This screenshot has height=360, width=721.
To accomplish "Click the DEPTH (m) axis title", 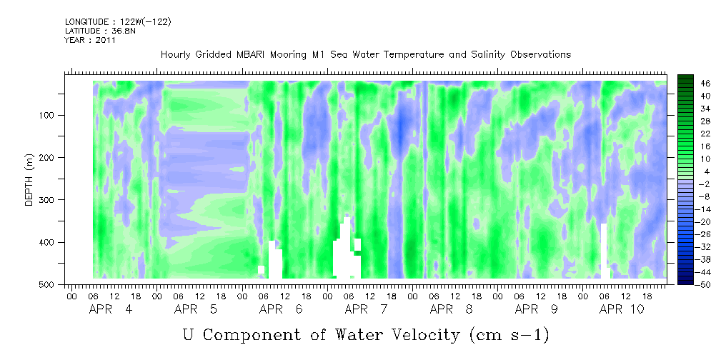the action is click(29, 179).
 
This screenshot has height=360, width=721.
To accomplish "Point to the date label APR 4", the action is click(111, 309).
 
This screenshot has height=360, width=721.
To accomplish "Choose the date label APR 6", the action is click(281, 309).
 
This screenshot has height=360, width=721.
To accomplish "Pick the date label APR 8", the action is click(451, 309).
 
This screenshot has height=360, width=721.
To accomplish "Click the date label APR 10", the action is click(622, 309).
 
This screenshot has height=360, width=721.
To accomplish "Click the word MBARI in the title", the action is click(252, 55).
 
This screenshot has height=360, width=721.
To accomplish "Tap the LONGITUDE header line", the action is click(118, 22).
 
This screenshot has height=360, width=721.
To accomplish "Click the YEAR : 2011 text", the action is click(90, 40).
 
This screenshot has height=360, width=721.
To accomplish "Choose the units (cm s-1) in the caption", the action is click(509, 335).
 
